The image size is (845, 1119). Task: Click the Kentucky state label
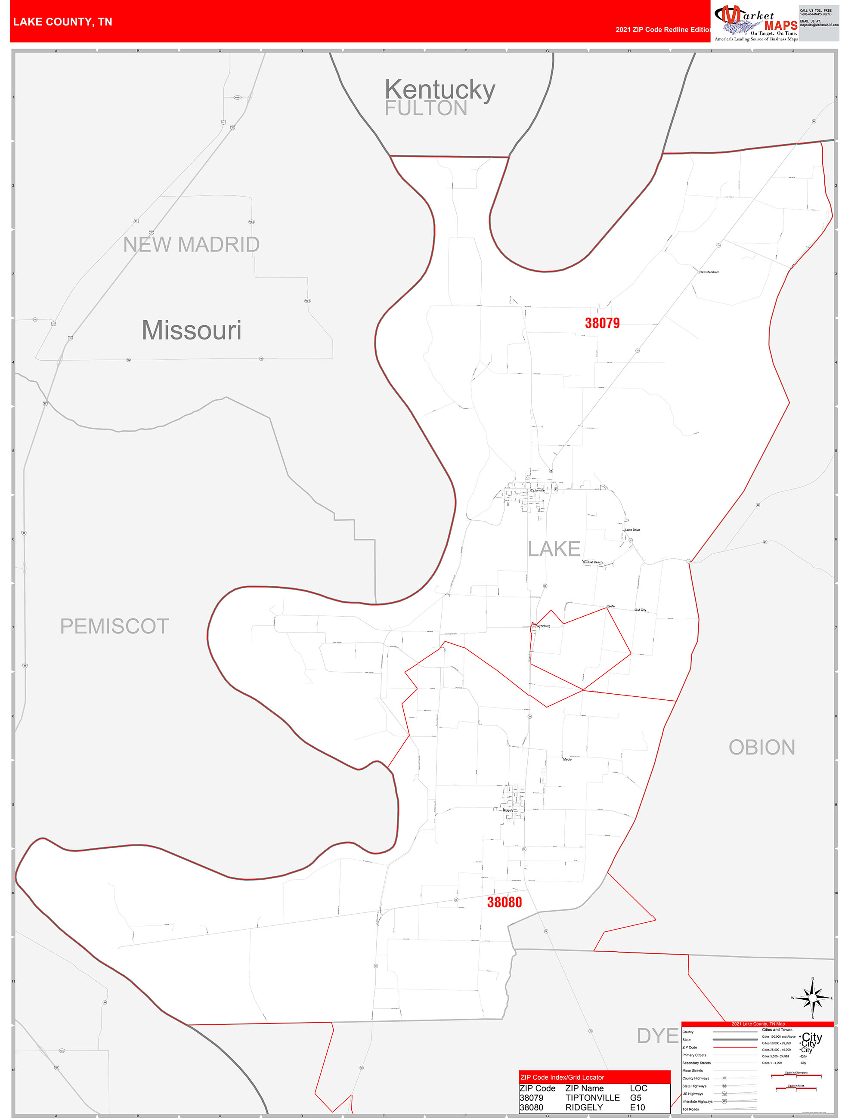[x=440, y=90]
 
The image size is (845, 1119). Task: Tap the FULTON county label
[x=426, y=108]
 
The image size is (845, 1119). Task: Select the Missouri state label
[x=191, y=331]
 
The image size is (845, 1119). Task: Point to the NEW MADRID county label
[x=191, y=245]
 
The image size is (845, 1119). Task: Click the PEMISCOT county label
[x=115, y=626]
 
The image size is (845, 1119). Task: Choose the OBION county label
[x=761, y=748]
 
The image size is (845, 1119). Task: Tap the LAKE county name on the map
[x=554, y=549]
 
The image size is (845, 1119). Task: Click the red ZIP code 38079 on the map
[x=602, y=323]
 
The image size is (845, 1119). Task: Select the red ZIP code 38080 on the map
[x=504, y=902]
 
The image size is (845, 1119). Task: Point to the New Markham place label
[x=709, y=272]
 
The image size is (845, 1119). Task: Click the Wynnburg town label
[x=543, y=626]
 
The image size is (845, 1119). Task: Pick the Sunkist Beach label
[x=592, y=562]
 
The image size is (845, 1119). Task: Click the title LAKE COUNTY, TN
[x=63, y=22]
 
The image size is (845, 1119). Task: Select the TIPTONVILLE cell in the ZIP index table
[x=592, y=1098]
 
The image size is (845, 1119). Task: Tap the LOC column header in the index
[x=638, y=1088]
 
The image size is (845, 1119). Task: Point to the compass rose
[x=812, y=998]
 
